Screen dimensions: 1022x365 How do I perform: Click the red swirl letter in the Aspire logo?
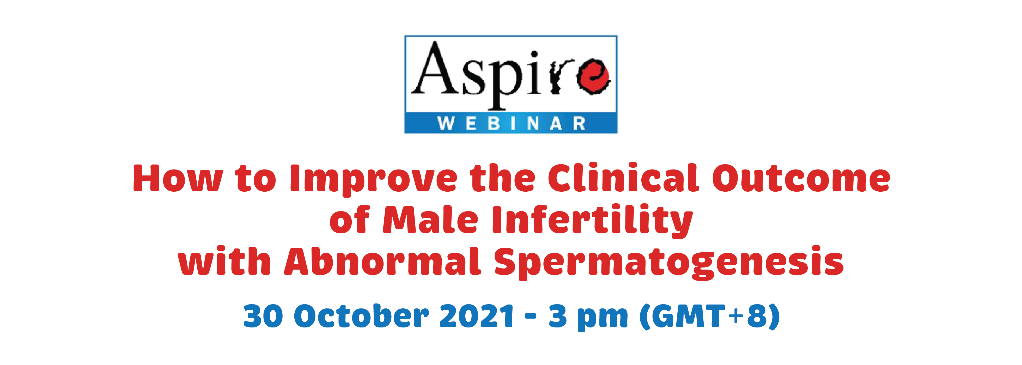tap(593, 77)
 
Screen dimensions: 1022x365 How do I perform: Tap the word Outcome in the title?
tap(801, 178)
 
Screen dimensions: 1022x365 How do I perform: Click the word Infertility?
tap(592, 221)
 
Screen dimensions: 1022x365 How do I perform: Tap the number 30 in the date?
tap(263, 316)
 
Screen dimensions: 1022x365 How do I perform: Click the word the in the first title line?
tap(502, 178)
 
